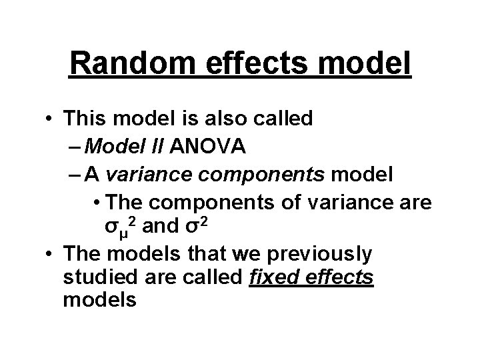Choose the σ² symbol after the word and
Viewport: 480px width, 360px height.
pos(191,226)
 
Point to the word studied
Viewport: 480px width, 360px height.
pos(95,277)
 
